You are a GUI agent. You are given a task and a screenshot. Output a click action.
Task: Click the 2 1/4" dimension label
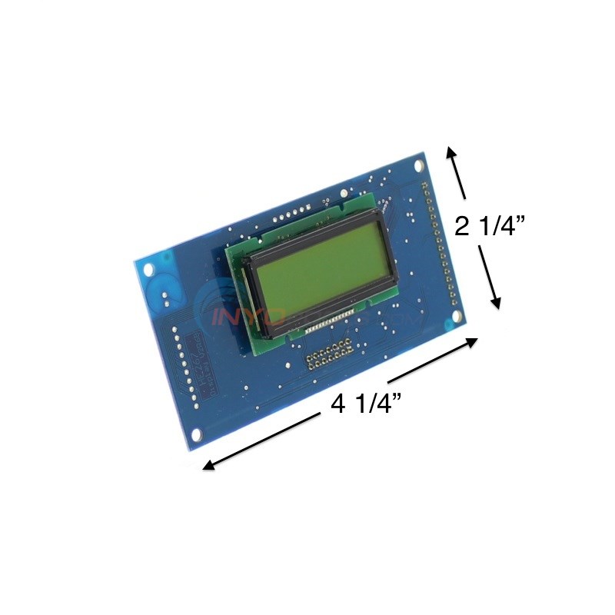(489, 227)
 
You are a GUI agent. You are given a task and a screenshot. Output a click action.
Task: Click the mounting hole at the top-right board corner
(419, 165)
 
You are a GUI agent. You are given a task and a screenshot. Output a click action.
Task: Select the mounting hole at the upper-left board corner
(149, 270)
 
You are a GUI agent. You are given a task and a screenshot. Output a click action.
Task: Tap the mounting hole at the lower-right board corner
(457, 315)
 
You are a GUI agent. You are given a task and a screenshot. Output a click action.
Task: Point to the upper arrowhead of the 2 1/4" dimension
(453, 152)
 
